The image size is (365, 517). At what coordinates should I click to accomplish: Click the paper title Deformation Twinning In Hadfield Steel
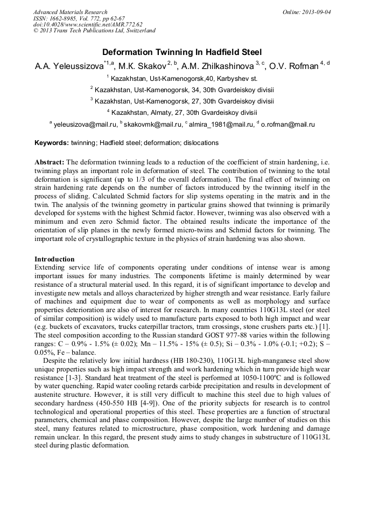click(182, 52)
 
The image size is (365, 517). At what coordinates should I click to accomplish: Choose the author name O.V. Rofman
click(293, 66)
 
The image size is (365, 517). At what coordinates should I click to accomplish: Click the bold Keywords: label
click(52, 143)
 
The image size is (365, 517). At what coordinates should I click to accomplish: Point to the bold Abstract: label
click(50, 162)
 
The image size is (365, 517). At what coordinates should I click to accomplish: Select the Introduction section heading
click(54, 259)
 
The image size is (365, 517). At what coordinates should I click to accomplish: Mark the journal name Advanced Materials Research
click(70, 12)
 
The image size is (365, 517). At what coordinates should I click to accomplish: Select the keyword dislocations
click(201, 143)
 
